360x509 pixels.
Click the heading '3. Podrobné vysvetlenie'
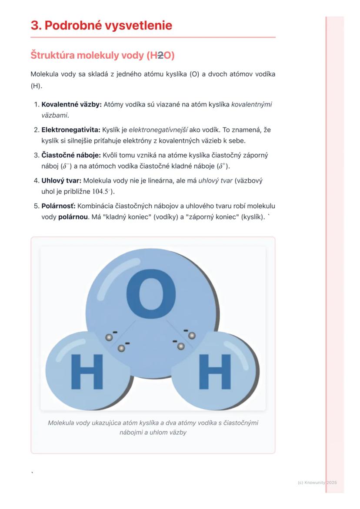(101, 26)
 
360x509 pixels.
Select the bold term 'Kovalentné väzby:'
(72, 105)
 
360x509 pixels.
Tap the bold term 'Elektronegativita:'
(71, 130)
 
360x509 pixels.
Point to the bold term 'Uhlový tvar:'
(61, 180)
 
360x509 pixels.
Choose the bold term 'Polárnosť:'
(58, 206)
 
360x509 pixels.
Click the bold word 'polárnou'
(72, 217)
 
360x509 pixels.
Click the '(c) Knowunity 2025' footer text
(317, 482)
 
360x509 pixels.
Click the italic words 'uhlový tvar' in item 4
(215, 180)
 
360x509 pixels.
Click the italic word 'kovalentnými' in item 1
(252, 105)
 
